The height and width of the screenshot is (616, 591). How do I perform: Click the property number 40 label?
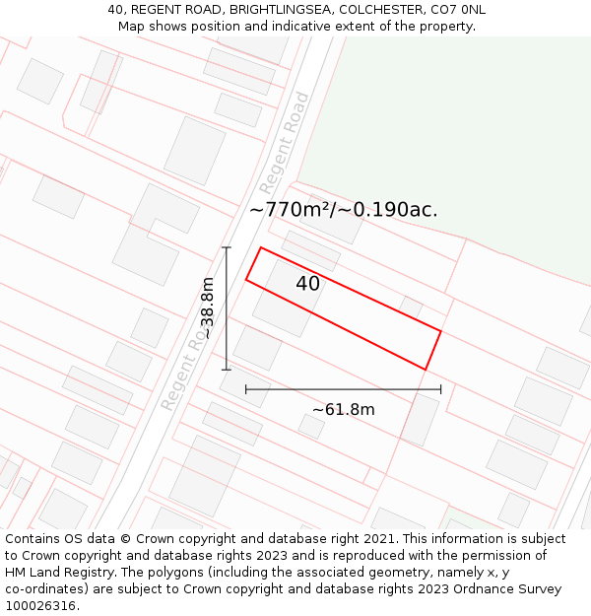pos(307,284)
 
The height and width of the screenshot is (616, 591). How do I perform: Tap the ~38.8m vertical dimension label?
pos(208,308)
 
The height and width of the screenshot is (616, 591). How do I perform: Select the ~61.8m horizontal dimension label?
pos(343,409)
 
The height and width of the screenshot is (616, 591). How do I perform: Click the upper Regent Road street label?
pos(285,143)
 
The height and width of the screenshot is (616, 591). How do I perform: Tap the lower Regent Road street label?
pos(184,370)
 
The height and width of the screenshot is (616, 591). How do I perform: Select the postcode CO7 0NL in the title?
pos(453,10)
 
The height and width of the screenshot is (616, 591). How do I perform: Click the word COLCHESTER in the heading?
pos(375,10)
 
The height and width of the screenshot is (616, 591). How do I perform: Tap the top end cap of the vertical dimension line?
pos(227,247)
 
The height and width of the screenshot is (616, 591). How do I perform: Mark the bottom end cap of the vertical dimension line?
pos(227,370)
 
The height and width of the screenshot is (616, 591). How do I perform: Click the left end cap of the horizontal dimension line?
pos(246,389)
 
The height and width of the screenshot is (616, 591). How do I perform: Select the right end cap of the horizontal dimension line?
pos(440,389)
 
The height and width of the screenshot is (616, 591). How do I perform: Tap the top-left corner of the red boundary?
pos(260,247)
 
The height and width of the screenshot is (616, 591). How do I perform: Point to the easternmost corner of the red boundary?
pos(440,332)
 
